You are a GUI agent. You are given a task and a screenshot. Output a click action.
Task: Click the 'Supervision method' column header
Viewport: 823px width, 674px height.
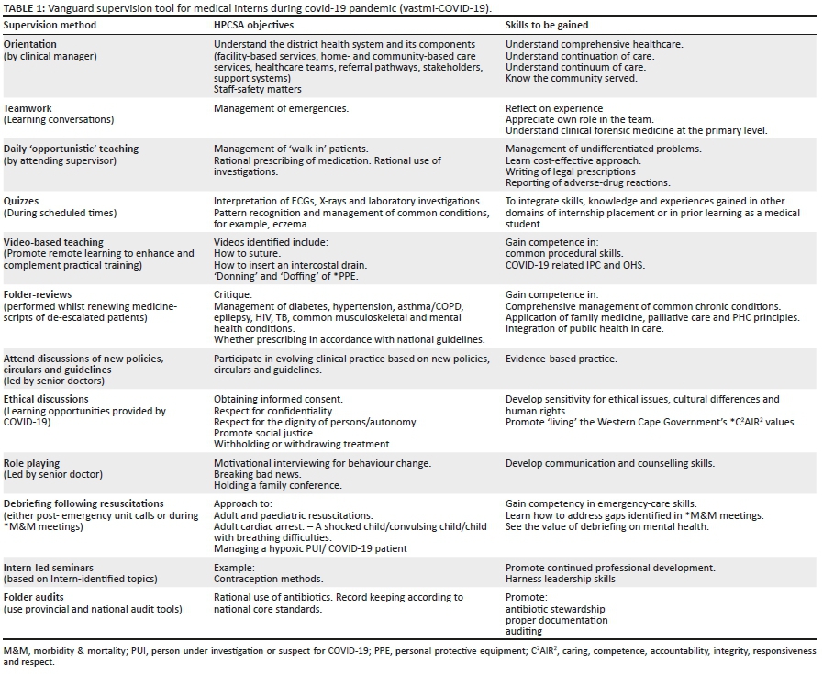[50, 25]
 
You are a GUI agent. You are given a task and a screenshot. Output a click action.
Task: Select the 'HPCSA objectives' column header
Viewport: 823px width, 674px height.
[253, 25]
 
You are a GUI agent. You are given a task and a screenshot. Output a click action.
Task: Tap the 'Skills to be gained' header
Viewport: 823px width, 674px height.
[547, 25]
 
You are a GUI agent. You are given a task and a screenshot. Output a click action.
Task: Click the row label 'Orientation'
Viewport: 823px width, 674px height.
[30, 44]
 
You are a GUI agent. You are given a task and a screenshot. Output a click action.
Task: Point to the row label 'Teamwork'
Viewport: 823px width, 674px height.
[28, 108]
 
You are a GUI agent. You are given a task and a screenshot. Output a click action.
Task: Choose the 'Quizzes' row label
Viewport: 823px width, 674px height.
[25, 201]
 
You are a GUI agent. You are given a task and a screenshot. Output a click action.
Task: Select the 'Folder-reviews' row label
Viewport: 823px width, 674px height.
[36, 294]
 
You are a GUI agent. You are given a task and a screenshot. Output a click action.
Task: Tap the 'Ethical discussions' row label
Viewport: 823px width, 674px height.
[47, 399]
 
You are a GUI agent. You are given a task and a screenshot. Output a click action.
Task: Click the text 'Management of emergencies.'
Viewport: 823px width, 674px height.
[281, 108]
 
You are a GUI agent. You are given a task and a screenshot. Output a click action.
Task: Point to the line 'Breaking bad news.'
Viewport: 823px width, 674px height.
[254, 475]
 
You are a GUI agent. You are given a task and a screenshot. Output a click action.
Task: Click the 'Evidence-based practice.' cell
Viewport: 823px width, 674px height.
[561, 359]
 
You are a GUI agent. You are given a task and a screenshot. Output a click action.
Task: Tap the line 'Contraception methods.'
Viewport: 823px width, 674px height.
[265, 580]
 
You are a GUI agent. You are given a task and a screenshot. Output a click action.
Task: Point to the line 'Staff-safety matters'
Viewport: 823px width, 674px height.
[257, 89]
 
